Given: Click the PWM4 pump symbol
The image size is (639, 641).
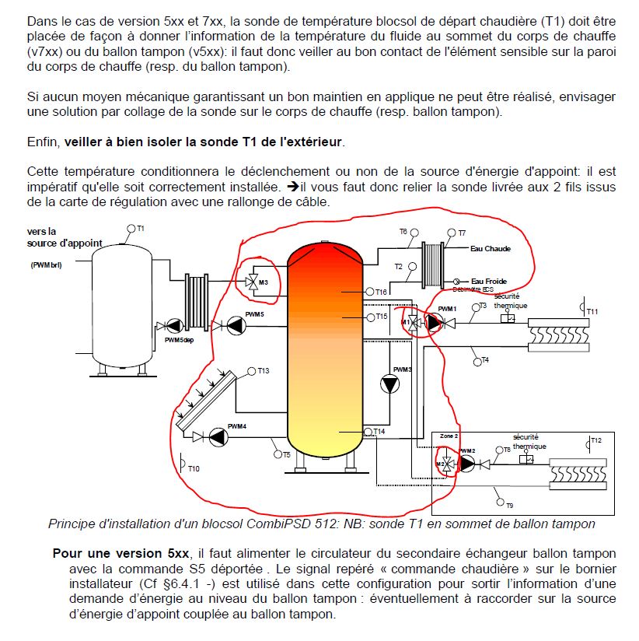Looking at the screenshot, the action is coord(218,437).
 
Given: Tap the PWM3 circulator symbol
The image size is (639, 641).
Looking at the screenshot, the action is coord(389,384).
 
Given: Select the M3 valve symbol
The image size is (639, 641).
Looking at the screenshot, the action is coord(251,282).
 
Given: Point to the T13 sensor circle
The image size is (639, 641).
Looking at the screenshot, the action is coord(251,371).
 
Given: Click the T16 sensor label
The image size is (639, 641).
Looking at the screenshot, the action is coord(381,292).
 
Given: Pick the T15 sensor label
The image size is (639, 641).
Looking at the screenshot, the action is coord(382,317).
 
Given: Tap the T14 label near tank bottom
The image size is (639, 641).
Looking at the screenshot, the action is coord(379,431).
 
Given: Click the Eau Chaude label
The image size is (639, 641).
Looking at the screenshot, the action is coord(491,249).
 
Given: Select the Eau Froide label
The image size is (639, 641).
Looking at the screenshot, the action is coord(489,282).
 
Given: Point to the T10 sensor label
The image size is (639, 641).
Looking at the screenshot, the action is coord(194,469).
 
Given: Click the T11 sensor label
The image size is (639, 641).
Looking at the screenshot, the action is coord(592,311).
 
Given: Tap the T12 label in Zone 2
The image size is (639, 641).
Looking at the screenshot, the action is coord(596,440).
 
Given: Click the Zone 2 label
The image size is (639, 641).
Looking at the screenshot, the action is coord(449,436).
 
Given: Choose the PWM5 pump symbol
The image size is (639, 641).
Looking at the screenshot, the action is coord(236,326).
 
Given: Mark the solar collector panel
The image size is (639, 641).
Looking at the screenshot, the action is coord(206,401).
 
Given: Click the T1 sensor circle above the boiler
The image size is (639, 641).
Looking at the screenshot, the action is coord(131,229).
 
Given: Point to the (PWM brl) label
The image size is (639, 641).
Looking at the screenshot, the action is coord(46,265).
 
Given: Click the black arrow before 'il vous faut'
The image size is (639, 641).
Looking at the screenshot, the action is coord(293,187).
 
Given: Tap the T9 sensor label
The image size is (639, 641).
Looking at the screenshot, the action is coord(509,506).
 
